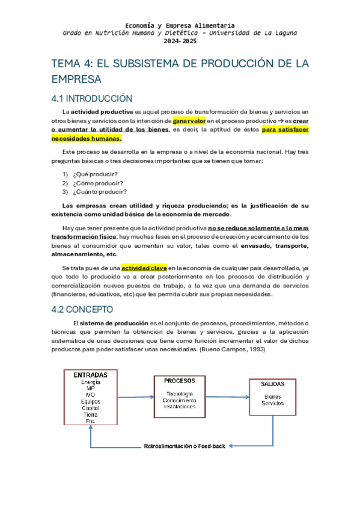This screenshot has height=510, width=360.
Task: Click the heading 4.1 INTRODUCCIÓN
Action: point(91,98)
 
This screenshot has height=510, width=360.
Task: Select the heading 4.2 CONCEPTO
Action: point(82,310)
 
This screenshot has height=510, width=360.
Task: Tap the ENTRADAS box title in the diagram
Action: point(90,375)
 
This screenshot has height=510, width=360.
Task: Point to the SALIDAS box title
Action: point(272,384)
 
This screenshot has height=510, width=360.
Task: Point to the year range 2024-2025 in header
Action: point(180,41)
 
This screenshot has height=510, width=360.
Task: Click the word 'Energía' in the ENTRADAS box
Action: point(90,382)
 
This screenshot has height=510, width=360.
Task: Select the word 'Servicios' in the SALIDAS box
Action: point(272,403)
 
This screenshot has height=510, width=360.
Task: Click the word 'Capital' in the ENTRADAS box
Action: point(90,408)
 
